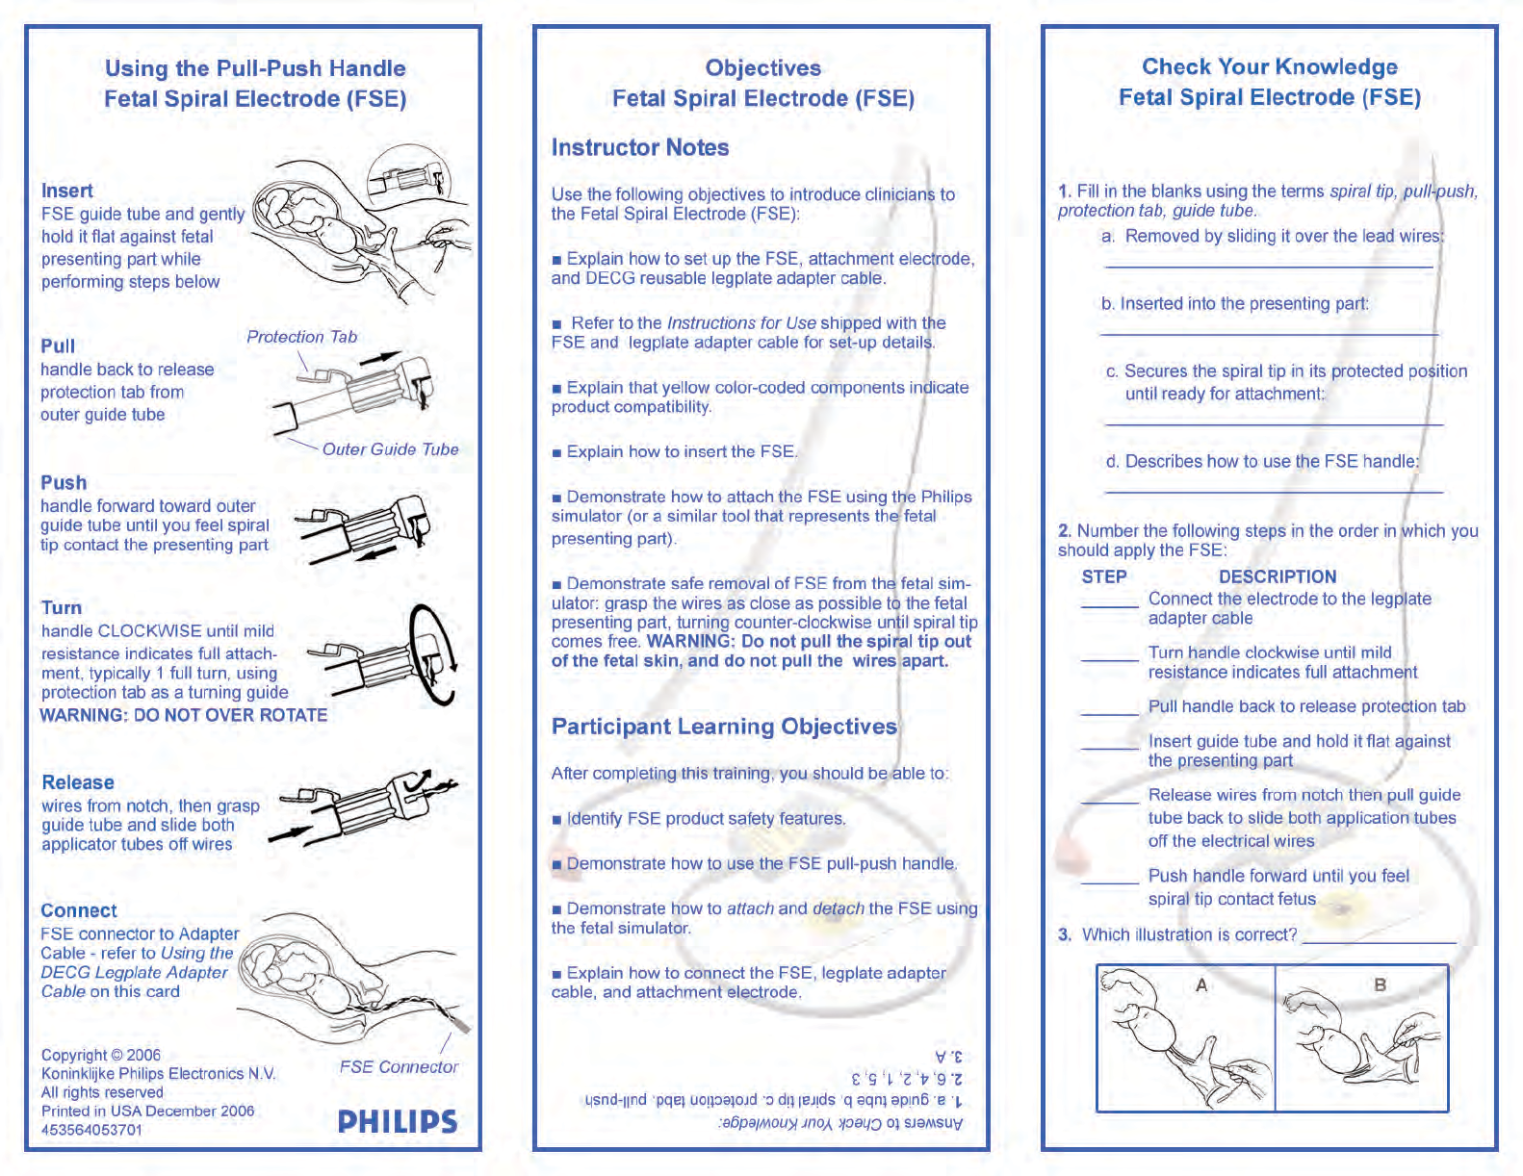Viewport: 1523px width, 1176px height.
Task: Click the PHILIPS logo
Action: tap(397, 1121)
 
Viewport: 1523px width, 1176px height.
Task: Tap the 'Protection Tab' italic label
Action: tap(301, 337)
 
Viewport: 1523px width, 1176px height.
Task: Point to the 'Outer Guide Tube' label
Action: tap(390, 449)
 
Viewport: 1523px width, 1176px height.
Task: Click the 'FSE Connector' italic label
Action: tap(399, 1067)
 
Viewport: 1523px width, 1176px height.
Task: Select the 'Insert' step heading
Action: tap(67, 191)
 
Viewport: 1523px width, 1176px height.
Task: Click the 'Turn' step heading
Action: tap(62, 607)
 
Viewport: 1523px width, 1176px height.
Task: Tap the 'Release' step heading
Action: tap(78, 782)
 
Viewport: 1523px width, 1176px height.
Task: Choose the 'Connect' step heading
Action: tap(79, 910)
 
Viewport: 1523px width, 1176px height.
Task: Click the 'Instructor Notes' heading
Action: tap(640, 147)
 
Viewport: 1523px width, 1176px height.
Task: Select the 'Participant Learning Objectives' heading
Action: tap(724, 727)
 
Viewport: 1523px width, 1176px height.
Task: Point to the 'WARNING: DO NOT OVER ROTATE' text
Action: tap(183, 715)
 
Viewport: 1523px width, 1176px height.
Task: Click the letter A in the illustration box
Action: tap(1201, 984)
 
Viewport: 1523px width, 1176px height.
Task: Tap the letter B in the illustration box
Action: tap(1381, 984)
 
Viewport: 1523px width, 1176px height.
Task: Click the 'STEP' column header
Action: tap(1104, 576)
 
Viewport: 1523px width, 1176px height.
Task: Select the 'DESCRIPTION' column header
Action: tap(1278, 576)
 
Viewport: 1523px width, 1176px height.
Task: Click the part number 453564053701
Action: tap(91, 1130)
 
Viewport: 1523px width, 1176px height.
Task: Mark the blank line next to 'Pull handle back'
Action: tap(1109, 714)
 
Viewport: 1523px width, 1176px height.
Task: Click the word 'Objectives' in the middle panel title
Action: tap(763, 67)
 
